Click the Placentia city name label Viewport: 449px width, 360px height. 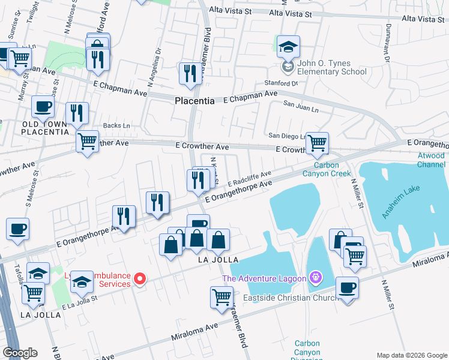(x=194, y=101)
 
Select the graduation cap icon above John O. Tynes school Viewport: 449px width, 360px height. (x=288, y=47)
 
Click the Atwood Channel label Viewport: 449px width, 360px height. (x=432, y=160)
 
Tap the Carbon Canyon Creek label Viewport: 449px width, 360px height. (x=331, y=169)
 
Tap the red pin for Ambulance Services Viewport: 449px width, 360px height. (x=140, y=278)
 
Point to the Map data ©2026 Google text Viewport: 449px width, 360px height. (x=411, y=355)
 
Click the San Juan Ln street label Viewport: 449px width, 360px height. (x=301, y=109)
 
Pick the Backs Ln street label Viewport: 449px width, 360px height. (x=116, y=125)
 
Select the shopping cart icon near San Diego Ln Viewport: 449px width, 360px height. (x=317, y=143)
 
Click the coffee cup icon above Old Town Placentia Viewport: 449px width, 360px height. (x=43, y=106)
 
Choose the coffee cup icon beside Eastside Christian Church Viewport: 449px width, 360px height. (x=347, y=287)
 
